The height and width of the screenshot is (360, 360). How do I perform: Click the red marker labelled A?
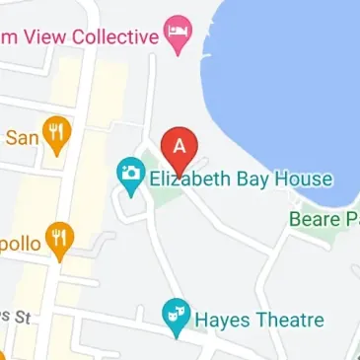click(179, 149)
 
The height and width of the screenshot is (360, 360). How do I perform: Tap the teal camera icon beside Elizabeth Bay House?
click(130, 176)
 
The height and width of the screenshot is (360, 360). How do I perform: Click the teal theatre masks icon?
click(176, 315)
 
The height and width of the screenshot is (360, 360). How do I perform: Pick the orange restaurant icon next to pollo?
click(60, 238)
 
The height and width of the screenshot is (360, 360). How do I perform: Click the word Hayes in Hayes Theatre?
click(223, 320)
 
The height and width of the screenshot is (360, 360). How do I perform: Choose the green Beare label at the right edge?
click(317, 218)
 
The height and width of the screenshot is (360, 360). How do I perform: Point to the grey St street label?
click(16, 316)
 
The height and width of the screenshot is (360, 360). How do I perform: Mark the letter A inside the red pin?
click(179, 143)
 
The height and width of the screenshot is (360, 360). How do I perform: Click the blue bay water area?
click(286, 89)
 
